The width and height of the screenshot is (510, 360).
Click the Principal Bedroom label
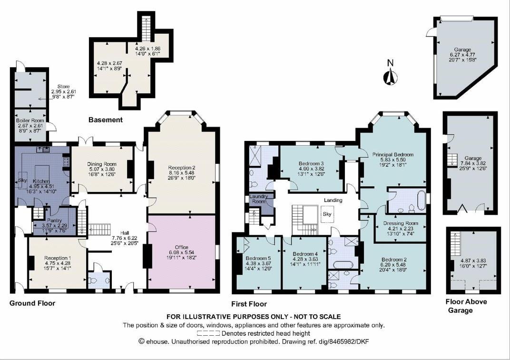(x=392, y=155)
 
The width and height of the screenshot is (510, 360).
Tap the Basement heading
(x=106, y=120)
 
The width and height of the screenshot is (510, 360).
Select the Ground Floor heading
(x=32, y=303)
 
